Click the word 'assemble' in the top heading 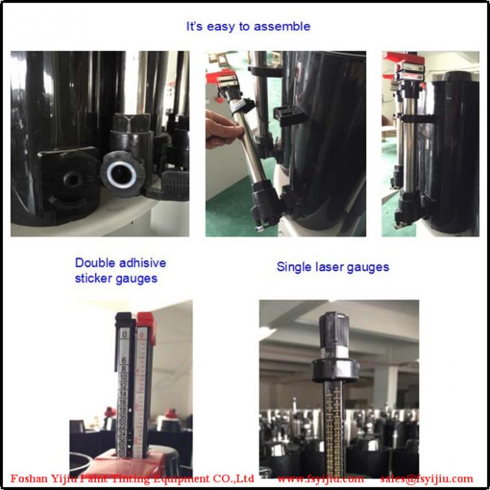coord(285,27)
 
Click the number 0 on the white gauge coord(125,334)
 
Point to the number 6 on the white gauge coord(124,361)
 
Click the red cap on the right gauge coord(146,318)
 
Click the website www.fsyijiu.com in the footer coord(321,478)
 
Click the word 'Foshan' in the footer coord(31,478)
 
